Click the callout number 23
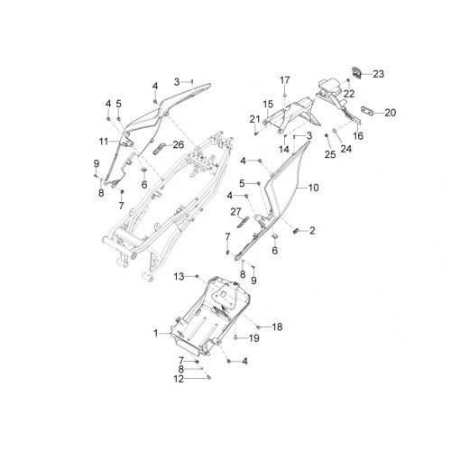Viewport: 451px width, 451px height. pos(379,74)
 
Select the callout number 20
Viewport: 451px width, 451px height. pos(391,113)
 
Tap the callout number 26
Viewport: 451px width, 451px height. pos(178,144)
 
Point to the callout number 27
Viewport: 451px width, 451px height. pos(236,212)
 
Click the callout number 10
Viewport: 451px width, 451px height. pos(313,188)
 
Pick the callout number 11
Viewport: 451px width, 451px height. pos(104,141)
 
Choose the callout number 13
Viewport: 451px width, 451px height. pos(179,276)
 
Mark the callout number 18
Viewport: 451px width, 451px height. pos(277,327)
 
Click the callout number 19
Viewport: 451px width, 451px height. pos(254,338)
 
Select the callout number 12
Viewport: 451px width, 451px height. pos(179,379)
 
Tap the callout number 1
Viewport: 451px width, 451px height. pos(156,334)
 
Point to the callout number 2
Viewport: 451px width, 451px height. pos(312,231)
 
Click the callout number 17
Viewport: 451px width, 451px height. pos(285,80)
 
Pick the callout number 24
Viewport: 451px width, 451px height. pos(345,149)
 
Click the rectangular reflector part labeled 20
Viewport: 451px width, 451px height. pos(367,112)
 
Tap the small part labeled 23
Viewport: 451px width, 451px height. pos(357,73)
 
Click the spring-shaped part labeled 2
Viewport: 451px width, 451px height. pos(295,231)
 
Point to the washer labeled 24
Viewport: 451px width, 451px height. pos(334,131)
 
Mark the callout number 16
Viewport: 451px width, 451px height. pos(358,135)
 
